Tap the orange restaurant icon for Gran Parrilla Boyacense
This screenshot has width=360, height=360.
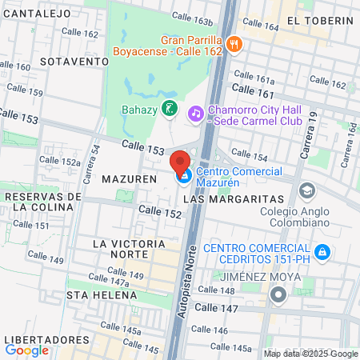[x=234, y=45]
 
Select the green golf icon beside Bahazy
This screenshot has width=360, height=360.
[x=169, y=108]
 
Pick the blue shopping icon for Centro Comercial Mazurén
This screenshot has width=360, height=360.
[x=183, y=176]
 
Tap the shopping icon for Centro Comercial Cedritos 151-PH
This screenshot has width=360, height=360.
[x=322, y=254]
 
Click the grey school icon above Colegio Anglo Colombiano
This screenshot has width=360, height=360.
[x=306, y=191]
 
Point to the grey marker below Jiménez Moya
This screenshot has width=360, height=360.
[x=278, y=295]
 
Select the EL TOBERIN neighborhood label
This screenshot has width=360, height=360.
[x=319, y=20]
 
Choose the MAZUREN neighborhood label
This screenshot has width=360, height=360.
[x=129, y=179]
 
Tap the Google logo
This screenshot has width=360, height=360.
[x=26, y=350]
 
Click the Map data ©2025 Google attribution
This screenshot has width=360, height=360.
[x=311, y=354]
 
